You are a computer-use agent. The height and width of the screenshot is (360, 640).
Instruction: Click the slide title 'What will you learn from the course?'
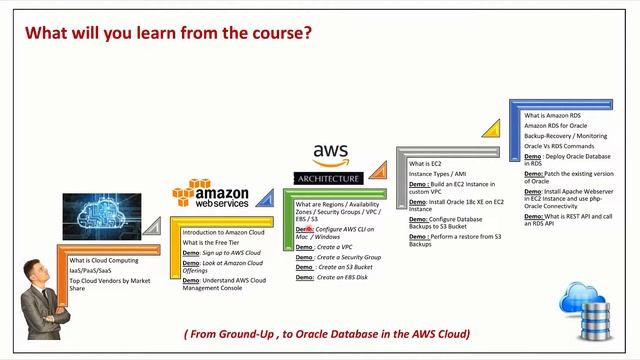tap(168, 33)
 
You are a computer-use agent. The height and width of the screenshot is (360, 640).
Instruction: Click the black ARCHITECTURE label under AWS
tap(328, 179)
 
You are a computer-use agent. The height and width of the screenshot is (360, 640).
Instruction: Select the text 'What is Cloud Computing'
tap(104, 260)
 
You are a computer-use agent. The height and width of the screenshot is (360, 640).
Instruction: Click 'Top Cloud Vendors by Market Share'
tap(109, 285)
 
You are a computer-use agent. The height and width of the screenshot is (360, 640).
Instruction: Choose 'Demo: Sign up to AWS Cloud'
tap(222, 253)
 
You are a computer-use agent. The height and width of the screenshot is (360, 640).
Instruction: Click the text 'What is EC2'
tap(425, 163)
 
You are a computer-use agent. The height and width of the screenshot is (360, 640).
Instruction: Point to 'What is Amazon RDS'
tap(552, 115)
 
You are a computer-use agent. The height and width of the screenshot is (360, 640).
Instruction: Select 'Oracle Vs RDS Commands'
tap(560, 146)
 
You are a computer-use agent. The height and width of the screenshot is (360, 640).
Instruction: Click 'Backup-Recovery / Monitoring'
tap(565, 135)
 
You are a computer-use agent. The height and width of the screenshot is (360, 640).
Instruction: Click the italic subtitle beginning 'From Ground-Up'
tap(327, 333)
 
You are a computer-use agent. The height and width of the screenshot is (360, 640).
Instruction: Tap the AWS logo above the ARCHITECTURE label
tap(330, 155)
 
